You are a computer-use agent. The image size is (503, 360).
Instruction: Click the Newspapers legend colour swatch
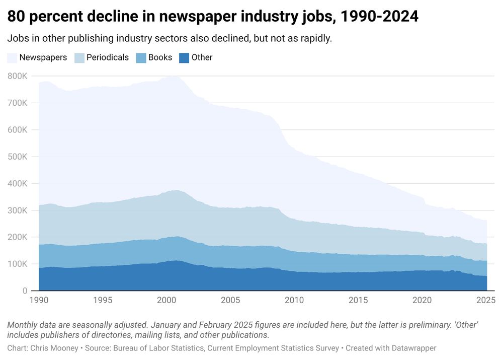pos(13,57)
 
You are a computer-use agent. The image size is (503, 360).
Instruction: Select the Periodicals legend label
pos(108,57)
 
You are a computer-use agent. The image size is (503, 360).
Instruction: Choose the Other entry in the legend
pos(202,57)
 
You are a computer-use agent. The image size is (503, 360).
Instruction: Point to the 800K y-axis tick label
pos(18,76)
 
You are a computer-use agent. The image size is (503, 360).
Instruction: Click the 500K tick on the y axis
pos(18,157)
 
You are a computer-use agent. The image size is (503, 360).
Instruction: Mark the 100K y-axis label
pos(18,264)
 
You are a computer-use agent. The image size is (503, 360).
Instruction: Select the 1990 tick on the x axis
pos(39,300)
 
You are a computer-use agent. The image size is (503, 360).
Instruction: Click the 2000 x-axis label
pos(166,300)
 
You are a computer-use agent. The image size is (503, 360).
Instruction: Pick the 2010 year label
pos(294,300)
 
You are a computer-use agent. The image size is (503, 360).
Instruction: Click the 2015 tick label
pos(358,300)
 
